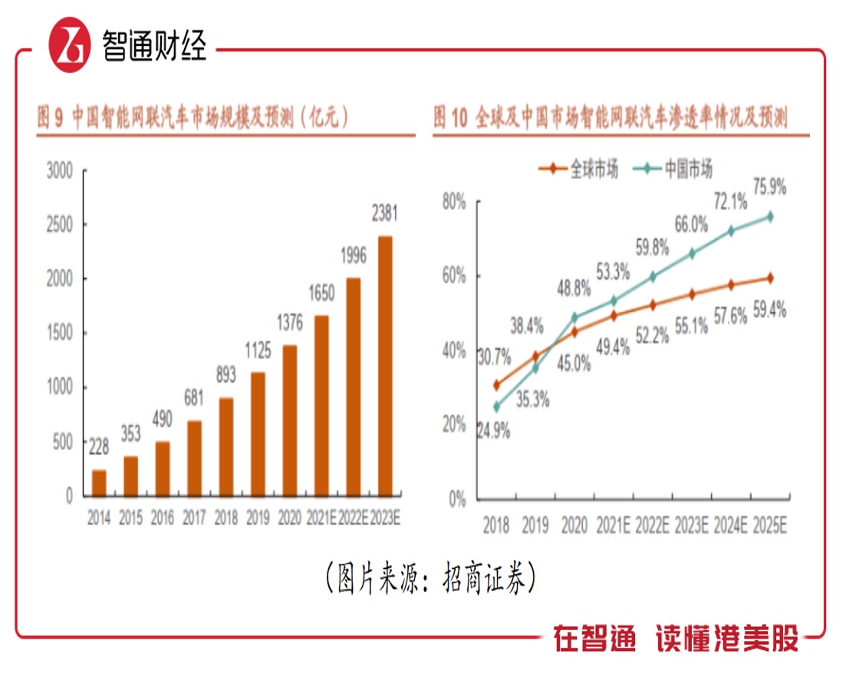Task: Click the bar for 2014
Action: (x=99, y=482)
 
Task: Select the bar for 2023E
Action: (x=385, y=366)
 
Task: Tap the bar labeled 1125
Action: (x=258, y=433)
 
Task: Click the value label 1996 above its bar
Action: (x=354, y=255)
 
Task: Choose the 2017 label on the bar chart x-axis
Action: (x=194, y=519)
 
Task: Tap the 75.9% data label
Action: (x=769, y=188)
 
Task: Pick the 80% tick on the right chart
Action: (x=453, y=202)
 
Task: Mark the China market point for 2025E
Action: (x=769, y=217)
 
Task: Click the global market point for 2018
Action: (x=496, y=385)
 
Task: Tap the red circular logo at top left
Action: (x=70, y=45)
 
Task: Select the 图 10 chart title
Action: (x=611, y=117)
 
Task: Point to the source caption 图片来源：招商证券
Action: (x=429, y=578)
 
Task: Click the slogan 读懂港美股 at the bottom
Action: (x=726, y=638)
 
